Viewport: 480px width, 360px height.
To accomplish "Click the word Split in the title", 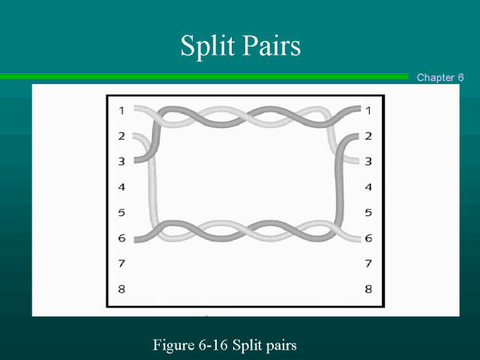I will tap(206, 46).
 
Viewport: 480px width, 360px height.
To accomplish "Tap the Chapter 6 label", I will tap(440, 77).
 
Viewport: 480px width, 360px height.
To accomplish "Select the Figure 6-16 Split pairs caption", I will tap(225, 345).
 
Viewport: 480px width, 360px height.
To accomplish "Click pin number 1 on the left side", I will tap(121, 111).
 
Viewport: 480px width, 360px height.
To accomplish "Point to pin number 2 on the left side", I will tap(121, 136).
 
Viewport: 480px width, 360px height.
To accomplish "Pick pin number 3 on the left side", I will tap(121, 161).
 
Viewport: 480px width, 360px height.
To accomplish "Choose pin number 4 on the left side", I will tap(121, 187).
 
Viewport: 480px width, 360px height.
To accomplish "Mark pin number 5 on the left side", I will tap(121, 212).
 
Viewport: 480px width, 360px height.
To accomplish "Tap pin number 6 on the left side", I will tap(121, 238).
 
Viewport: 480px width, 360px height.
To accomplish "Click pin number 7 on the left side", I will tap(121, 263).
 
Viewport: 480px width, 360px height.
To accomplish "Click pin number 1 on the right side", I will tap(368, 111).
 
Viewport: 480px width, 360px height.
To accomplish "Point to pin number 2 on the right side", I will tap(368, 136).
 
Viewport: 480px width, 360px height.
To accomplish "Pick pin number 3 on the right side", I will tap(368, 161).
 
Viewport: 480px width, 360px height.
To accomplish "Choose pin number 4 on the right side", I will tap(368, 187).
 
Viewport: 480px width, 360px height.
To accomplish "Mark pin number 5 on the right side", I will tap(368, 212).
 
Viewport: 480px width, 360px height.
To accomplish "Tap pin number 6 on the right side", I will tap(368, 238).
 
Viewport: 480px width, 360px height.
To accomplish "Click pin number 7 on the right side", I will tap(368, 263).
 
